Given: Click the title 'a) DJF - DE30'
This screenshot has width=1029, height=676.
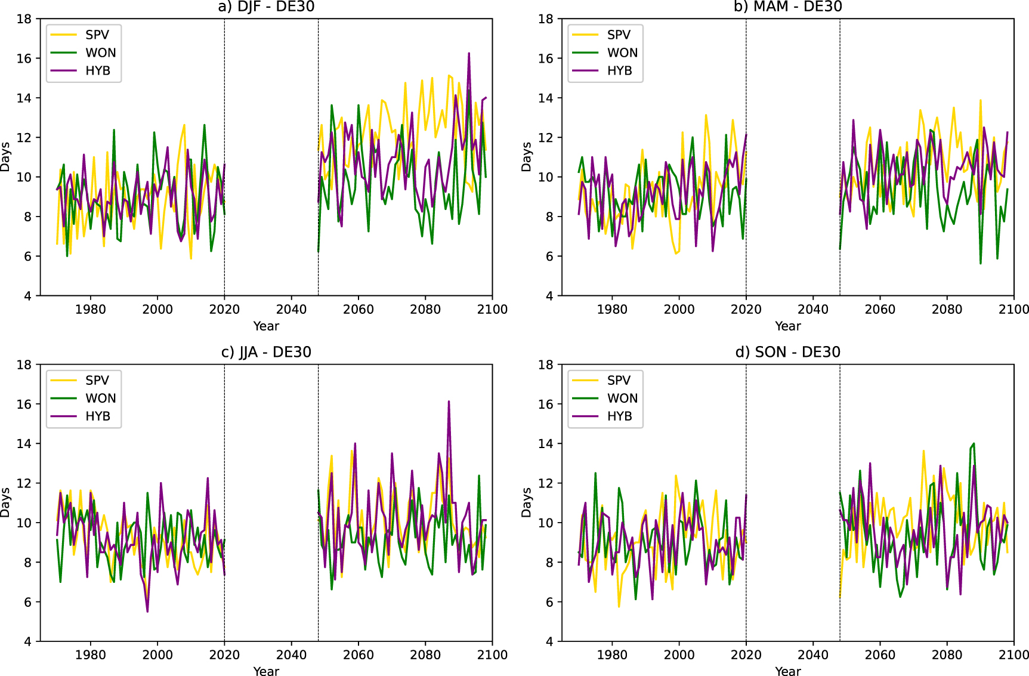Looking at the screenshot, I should pos(266,7).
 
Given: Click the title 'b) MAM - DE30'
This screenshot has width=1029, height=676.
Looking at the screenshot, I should pos(787,7).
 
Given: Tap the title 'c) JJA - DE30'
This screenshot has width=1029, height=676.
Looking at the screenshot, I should pos(266,352).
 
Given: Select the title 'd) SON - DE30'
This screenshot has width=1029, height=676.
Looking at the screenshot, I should pos(787,352).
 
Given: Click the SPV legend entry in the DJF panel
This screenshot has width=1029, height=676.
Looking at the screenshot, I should pos(97,35).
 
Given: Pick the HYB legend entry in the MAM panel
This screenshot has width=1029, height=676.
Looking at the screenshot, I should pos(619,70).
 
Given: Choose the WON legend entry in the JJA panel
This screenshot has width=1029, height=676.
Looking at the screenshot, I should pos(100,398).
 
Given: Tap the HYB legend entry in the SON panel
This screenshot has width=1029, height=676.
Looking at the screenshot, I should pos(619,416).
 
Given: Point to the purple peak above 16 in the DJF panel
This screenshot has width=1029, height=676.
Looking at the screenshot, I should pos(469,54).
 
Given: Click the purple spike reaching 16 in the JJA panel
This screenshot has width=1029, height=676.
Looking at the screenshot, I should pos(449,402).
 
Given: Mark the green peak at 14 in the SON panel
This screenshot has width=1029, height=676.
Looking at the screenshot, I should pos(974,444).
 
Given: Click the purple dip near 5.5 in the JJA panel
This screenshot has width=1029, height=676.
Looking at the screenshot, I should pos(147,611).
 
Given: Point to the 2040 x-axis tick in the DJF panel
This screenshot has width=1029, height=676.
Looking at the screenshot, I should pos(291,309).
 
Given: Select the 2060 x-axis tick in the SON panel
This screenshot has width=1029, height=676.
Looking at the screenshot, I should pos(880,655).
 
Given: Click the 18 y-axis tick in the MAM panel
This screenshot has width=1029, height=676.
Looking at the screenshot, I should pos(545,18).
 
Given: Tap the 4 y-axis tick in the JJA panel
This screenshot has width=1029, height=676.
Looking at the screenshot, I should pos(27,641).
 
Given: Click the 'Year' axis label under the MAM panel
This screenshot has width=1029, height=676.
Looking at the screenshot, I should pos(787,326).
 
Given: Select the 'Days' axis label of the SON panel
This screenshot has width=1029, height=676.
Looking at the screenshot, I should pos(526,502).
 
